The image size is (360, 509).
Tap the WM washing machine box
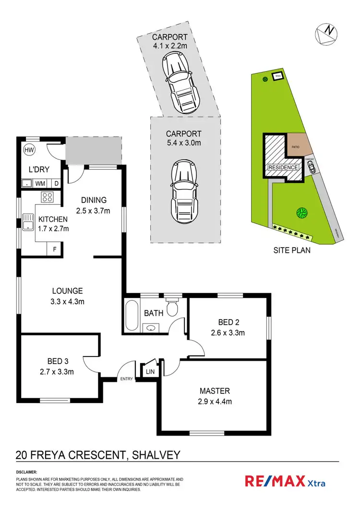click(x=40, y=183)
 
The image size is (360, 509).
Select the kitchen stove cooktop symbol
click(x=48, y=197)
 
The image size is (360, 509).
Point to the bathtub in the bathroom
click(x=131, y=315)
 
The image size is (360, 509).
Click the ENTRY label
click(x=127, y=379)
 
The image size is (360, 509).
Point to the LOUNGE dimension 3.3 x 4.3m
click(x=68, y=301)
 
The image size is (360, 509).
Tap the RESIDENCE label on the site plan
click(x=283, y=167)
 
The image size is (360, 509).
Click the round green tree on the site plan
click(x=301, y=212)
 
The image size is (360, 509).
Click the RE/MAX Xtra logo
click(x=285, y=481)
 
